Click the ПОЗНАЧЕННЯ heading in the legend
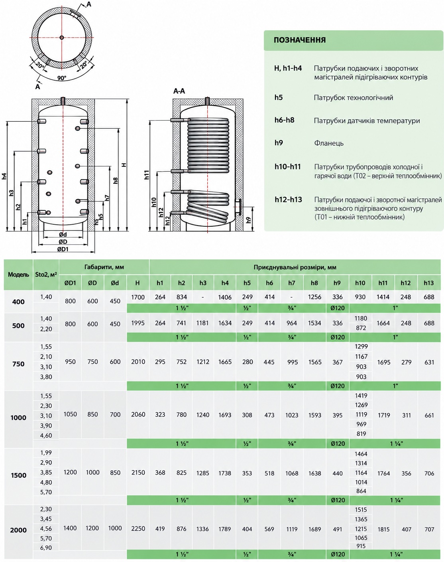pos(299,40)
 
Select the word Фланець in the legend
pos(328,143)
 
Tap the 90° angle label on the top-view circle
pos(61,78)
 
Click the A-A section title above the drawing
pos(179,91)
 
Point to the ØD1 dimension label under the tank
pos(63,249)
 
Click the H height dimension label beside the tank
pos(124,165)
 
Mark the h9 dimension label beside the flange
pos(248,220)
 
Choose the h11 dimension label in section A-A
pos(147,174)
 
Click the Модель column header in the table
pos(18,275)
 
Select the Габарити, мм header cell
pos(104,267)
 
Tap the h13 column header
pos(428,283)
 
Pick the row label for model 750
pos(18,364)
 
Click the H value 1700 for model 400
pos(138,297)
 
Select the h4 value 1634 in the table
pos(225,323)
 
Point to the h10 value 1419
pos(361,396)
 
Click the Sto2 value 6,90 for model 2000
pos(46,548)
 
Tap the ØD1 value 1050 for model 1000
pos(70,414)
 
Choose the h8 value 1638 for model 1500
pos(314,473)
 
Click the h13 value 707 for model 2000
pos(429,529)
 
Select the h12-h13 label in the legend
pos(288,200)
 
